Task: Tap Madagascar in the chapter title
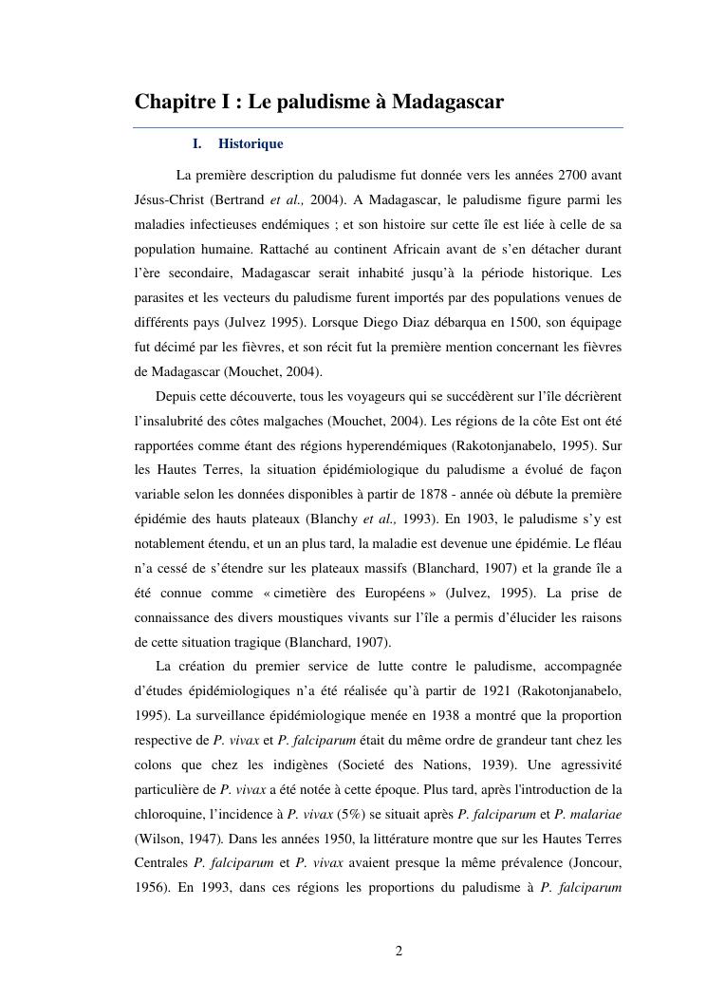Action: pyautogui.click(x=446, y=102)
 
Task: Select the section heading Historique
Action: pyautogui.click(x=251, y=144)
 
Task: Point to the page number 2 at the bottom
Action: pyautogui.click(x=399, y=952)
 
